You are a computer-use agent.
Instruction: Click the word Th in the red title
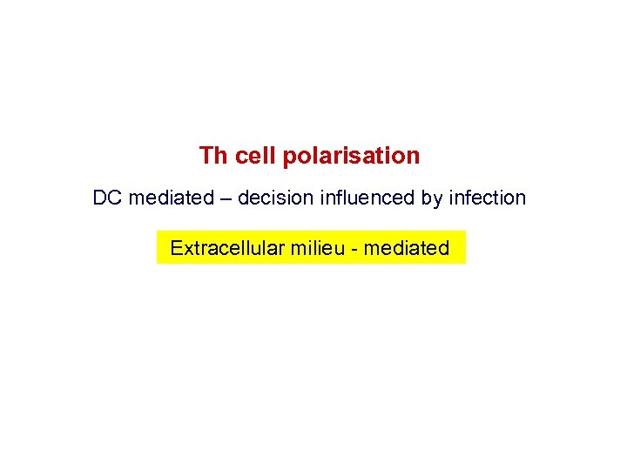tap(212, 157)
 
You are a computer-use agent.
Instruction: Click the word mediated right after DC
tap(171, 198)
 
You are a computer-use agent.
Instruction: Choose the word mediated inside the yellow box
tap(406, 249)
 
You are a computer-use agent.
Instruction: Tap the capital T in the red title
tap(206, 157)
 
